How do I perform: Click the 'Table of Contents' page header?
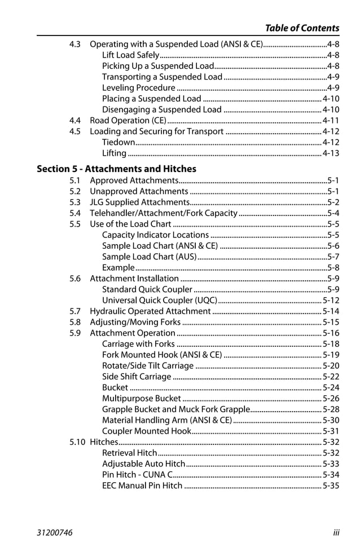pos(302,28)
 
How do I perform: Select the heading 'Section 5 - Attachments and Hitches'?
pos(116,169)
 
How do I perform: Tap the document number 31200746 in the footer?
pos(54,532)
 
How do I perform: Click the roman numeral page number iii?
pos(336,532)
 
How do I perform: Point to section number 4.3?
pos(75,44)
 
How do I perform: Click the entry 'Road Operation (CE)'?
pos(128,121)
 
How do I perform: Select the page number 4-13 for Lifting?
pos(331,153)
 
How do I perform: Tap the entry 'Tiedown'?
pos(118,143)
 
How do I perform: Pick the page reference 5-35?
pos(331,486)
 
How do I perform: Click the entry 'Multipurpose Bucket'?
pos(142,399)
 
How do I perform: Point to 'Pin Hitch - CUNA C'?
pos(138,475)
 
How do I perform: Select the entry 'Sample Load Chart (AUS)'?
pos(150,257)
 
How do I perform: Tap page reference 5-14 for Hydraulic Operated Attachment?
pos(331,311)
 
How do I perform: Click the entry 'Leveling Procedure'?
pos(139,88)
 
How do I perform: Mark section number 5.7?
pos(75,311)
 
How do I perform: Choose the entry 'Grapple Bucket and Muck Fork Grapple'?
pos(175,409)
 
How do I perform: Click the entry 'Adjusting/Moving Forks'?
pos(135,323)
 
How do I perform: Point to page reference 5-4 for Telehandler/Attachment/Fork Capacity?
pos(333,213)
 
